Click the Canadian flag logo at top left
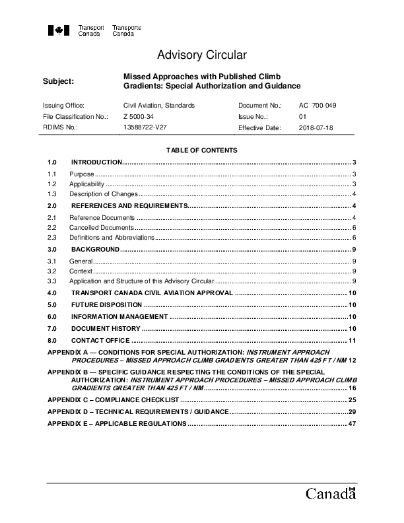coord(59,30)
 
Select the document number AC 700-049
coord(318,106)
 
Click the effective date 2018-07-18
coord(316,127)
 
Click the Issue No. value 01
coord(303,116)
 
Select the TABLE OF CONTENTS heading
coord(201,151)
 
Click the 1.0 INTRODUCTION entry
coord(96,162)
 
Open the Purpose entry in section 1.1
coord(82,174)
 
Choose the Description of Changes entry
coord(104,194)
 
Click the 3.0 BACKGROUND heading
coord(95,250)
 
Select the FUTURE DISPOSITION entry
coord(106,304)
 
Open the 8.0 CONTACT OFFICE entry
coord(101,340)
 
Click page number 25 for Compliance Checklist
coord(353,400)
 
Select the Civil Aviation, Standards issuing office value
coord(159,106)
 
